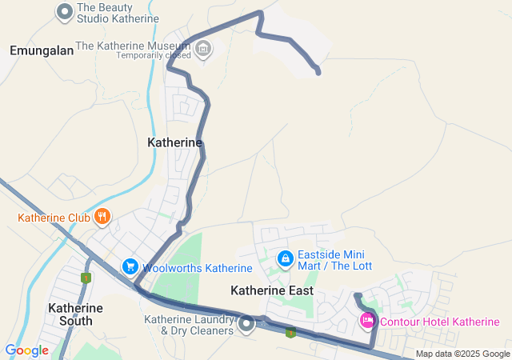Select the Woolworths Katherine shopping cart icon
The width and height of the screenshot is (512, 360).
(130, 266)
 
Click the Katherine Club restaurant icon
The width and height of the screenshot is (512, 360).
(102, 217)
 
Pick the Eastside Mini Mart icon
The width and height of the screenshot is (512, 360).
(285, 259)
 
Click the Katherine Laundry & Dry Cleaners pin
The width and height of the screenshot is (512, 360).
(246, 324)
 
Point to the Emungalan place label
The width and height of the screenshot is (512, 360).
(42, 50)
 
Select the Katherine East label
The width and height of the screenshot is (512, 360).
(272, 290)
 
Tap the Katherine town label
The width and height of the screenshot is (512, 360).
(174, 142)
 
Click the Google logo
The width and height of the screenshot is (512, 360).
(26, 350)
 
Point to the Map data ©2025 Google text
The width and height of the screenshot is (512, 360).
(462, 354)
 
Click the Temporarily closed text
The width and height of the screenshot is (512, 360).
(154, 55)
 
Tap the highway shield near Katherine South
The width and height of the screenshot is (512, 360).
(86, 278)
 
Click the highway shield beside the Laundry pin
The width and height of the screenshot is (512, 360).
(290, 331)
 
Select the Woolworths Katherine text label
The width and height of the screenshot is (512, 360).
(198, 267)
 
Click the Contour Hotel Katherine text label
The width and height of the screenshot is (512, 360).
(440, 322)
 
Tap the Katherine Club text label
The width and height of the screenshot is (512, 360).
(53, 218)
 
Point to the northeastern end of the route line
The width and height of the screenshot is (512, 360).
(318, 73)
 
